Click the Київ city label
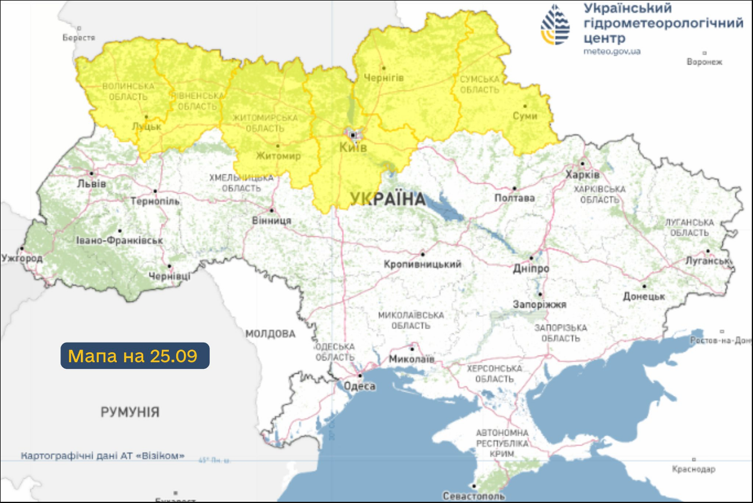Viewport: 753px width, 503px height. tap(353, 148)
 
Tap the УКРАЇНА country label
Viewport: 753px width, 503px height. tap(388, 199)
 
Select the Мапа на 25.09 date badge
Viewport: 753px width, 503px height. tap(135, 356)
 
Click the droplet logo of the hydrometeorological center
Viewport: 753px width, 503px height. tap(555, 25)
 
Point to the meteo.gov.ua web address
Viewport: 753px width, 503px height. tap(612, 51)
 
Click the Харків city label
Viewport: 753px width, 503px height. tap(582, 175)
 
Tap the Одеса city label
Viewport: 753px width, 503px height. tap(359, 386)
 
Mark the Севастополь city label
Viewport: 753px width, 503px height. tap(473, 496)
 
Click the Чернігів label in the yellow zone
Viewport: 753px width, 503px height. tap(384, 78)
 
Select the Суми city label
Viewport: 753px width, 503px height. tap(525, 116)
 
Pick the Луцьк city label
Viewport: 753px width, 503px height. tap(147, 127)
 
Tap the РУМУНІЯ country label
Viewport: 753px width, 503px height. tap(130, 412)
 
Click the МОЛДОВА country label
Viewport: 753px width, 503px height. tap(270, 334)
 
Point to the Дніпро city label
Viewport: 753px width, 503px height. tap(531, 269)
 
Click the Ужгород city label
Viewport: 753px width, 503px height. tap(22, 259)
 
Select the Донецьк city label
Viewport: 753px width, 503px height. tap(644, 296)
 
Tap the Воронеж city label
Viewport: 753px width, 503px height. tap(704, 62)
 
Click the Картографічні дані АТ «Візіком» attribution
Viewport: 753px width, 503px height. tap(103, 456)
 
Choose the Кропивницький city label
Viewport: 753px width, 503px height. tap(422, 264)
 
